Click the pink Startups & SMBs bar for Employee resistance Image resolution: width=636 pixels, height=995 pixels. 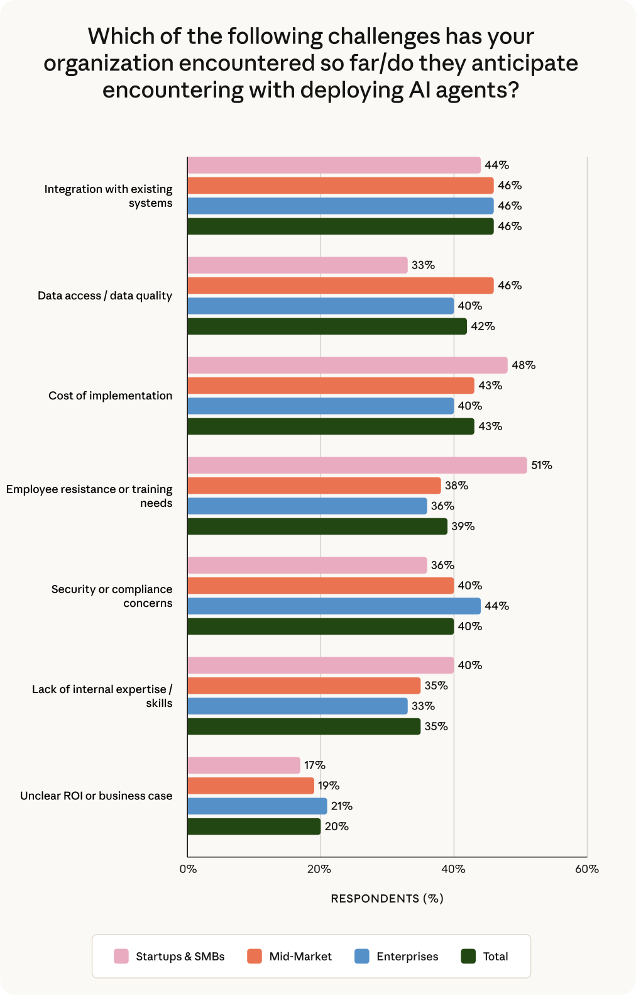[x=357, y=465]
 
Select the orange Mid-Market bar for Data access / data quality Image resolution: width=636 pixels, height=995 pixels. [x=340, y=286]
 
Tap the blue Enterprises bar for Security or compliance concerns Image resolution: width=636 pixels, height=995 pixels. [x=334, y=606]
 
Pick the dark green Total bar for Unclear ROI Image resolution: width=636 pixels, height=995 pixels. [x=254, y=826]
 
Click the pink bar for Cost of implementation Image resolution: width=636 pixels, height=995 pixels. [x=347, y=365]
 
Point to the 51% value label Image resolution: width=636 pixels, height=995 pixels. [x=541, y=465]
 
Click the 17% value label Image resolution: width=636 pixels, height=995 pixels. [x=314, y=765]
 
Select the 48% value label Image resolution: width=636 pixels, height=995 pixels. [x=523, y=365]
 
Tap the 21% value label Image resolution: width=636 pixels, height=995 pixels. [x=341, y=806]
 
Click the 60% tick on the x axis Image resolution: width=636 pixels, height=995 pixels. [x=586, y=869]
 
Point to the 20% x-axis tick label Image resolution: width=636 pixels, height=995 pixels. [x=319, y=869]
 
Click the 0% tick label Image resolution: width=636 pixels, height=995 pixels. [x=188, y=869]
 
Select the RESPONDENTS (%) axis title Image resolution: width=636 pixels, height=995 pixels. [x=387, y=899]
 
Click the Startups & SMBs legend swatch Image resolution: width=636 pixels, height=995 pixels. [x=121, y=957]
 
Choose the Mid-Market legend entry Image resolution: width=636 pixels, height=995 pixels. [x=300, y=957]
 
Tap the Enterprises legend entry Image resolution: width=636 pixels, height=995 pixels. [x=407, y=957]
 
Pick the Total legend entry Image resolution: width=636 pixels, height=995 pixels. [x=495, y=957]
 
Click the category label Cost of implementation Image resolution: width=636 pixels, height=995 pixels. [x=110, y=396]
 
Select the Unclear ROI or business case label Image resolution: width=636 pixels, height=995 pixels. [x=96, y=796]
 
